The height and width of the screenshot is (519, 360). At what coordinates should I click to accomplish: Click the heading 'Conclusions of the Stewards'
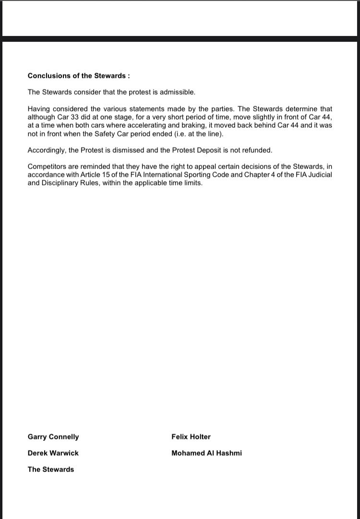[79, 76]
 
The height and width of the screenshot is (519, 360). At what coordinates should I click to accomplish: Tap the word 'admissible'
[179, 92]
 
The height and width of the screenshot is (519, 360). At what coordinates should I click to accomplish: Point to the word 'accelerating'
[175, 125]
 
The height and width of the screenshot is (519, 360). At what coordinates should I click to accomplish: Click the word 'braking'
[222, 125]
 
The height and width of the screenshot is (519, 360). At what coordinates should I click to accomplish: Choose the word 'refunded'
[256, 150]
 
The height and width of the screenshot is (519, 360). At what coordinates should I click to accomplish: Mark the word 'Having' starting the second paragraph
[38, 109]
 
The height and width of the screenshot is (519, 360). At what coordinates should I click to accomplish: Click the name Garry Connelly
[53, 437]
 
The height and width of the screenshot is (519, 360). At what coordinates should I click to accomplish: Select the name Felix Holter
[191, 437]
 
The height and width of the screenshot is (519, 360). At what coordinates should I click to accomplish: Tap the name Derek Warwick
[53, 453]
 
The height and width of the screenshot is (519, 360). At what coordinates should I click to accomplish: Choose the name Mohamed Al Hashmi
[206, 453]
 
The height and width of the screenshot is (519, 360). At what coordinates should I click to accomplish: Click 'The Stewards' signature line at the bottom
[51, 470]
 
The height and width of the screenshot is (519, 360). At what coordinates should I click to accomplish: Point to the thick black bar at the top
[180, 39]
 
